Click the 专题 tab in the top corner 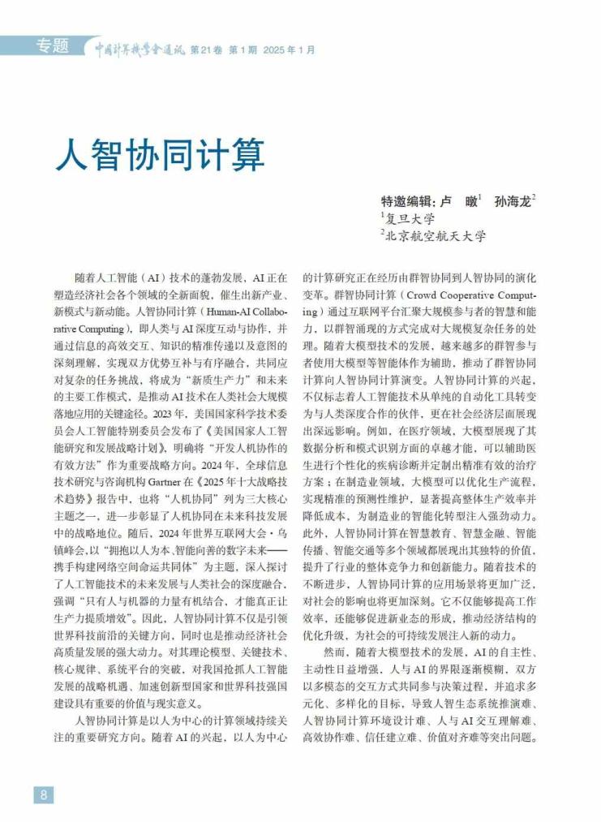tap(52, 46)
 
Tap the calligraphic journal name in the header tap(140, 49)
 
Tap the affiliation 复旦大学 tap(411, 218)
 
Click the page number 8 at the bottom tap(43, 794)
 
